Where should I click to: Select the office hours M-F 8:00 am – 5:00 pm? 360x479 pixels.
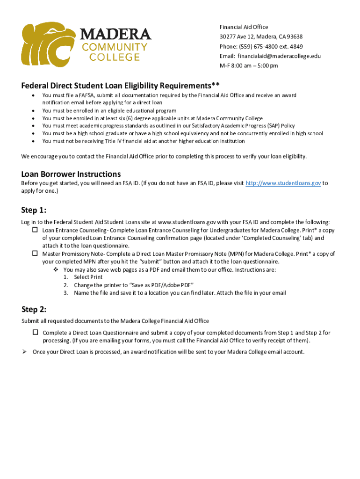[249, 65]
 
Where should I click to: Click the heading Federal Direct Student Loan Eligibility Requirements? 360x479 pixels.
[120, 86]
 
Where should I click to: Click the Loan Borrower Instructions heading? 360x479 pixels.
[71, 174]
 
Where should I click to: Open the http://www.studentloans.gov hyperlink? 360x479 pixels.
[283, 183]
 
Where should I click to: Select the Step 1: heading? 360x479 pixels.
[34, 209]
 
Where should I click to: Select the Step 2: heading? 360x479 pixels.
[34, 309]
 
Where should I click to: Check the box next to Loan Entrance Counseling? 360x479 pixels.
[35, 230]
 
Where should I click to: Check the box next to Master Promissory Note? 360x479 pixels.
[35, 254]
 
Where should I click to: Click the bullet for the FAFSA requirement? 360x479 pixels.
[33, 95]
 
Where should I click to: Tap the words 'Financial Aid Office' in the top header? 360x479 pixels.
[244, 27]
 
